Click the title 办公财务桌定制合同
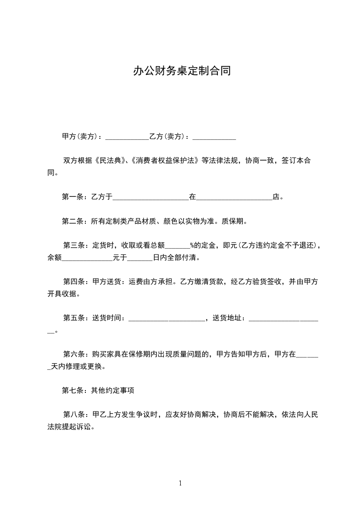182,71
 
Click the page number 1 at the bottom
180,483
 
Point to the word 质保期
237,221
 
